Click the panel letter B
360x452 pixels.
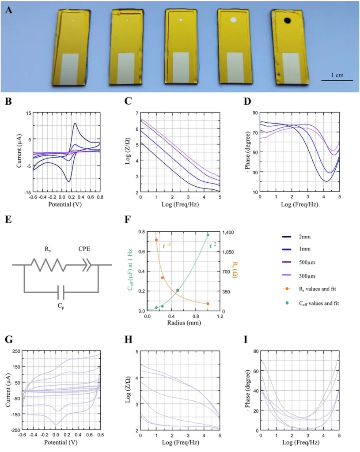coord(8,101)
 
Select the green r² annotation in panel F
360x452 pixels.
coord(213,242)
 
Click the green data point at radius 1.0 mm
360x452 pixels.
coord(208,235)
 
